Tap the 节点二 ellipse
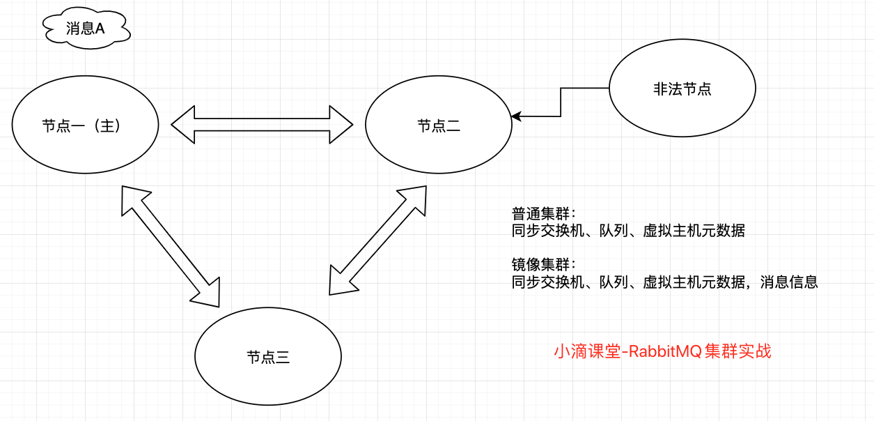(438, 125)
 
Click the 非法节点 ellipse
(682, 89)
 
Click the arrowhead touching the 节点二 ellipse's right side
(516, 116)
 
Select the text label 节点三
(268, 358)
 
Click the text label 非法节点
(682, 89)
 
